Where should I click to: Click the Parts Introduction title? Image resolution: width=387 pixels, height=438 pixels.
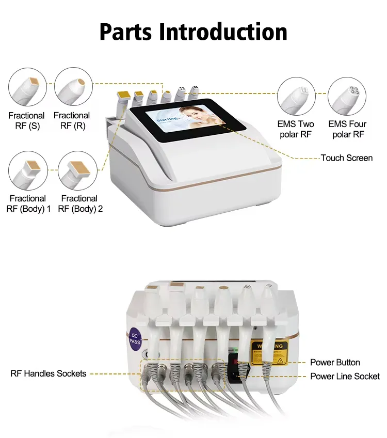(x=193, y=32)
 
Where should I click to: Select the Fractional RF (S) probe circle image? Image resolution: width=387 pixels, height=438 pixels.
(x=27, y=88)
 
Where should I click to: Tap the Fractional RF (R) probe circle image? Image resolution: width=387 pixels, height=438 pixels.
(x=73, y=88)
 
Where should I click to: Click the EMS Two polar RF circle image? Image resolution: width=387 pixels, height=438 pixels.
(x=296, y=97)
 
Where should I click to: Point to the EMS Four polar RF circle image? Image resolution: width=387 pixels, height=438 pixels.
(x=347, y=97)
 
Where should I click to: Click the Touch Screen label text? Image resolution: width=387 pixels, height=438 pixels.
(x=346, y=158)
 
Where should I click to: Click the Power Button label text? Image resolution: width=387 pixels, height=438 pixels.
(x=335, y=363)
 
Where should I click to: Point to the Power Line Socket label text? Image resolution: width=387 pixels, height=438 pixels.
(x=344, y=377)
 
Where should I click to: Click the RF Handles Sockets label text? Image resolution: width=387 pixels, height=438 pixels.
(x=49, y=373)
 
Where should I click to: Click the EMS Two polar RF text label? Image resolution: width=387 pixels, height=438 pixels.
(x=296, y=129)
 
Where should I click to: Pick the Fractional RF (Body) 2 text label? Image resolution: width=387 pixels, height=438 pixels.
(x=80, y=204)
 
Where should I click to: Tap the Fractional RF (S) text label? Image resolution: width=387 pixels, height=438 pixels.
(x=26, y=120)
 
